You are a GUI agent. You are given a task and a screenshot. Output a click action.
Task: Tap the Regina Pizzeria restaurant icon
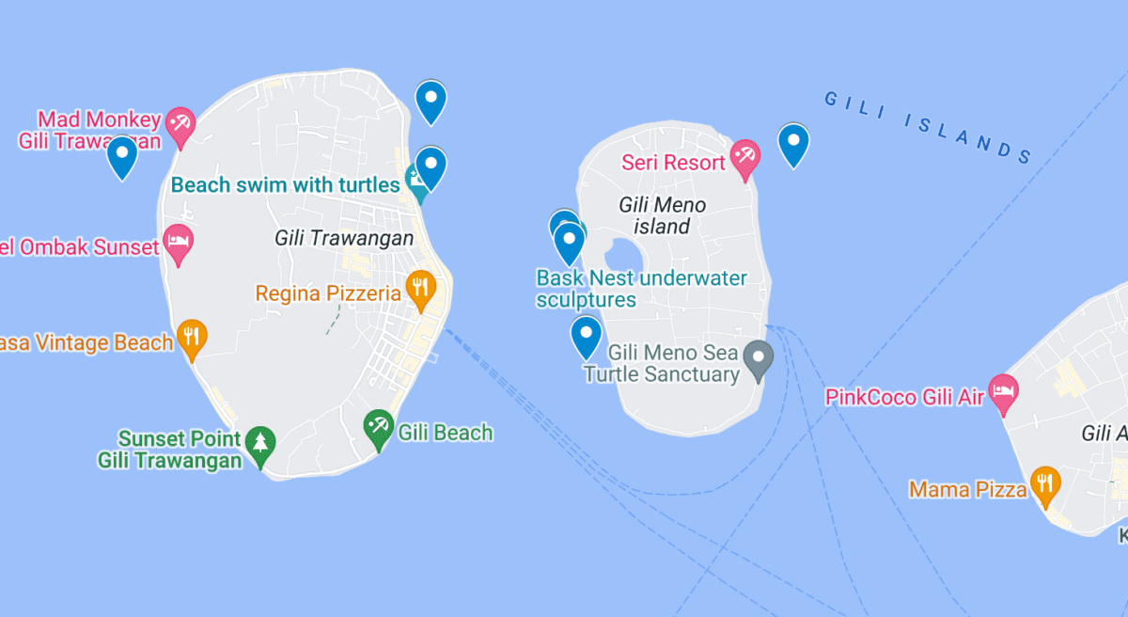click(420, 288)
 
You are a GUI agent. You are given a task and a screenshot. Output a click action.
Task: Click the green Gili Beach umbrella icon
click(378, 428)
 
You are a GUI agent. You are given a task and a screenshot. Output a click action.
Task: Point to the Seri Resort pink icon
click(745, 157)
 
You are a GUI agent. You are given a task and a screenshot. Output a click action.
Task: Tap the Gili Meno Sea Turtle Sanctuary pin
click(759, 358)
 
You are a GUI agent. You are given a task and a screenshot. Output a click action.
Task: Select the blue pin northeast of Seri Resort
click(794, 143)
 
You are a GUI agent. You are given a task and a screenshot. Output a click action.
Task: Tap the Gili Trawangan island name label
click(344, 238)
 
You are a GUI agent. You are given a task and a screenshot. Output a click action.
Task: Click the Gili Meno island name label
click(662, 215)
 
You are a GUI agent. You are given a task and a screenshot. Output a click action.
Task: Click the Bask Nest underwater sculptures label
click(641, 289)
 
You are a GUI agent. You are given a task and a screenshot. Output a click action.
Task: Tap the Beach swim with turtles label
click(285, 184)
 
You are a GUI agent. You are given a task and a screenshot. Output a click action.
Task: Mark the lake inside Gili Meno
click(623, 255)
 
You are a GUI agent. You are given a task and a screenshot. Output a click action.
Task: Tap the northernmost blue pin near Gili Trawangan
click(431, 100)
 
